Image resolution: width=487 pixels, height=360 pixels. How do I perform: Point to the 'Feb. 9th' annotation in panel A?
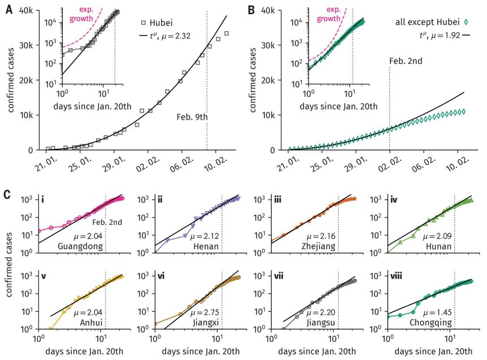pyautogui.click(x=193, y=117)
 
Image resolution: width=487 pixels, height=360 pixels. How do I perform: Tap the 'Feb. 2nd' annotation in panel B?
pyautogui.click(x=406, y=60)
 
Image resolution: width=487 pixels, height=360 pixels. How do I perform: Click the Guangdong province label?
pyautogui.click(x=81, y=246)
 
